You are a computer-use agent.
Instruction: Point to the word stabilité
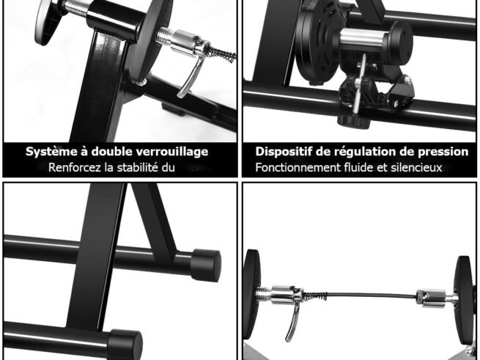coord(147,168)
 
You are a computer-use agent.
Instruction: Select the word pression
coord(442,152)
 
